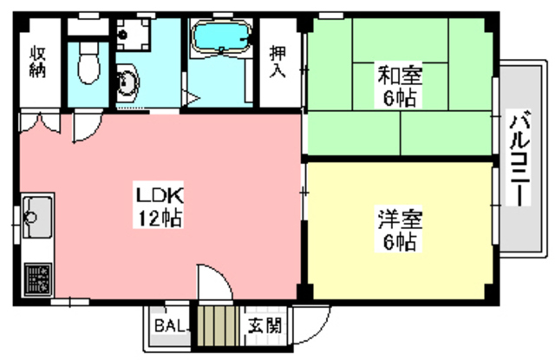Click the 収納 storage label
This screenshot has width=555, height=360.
[40, 60]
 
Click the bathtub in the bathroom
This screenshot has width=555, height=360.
[219, 40]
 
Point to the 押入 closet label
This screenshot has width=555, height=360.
[278, 60]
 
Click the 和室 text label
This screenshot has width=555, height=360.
[399, 75]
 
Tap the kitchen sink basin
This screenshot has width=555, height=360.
[36, 213]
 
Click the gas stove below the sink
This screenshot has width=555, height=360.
[36, 278]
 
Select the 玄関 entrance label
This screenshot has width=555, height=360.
[264, 327]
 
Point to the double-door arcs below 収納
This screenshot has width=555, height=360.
[40, 124]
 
